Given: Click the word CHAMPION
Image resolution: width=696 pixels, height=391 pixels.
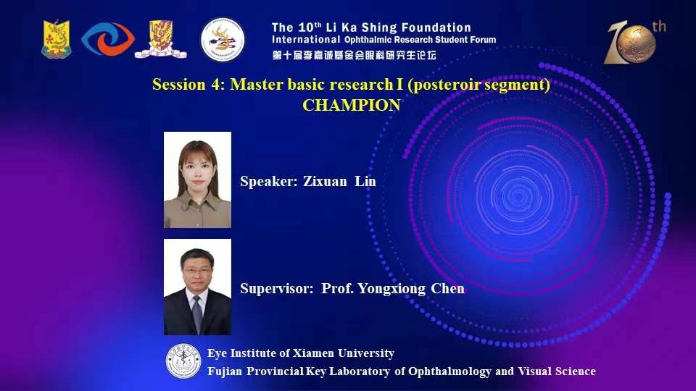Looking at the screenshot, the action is coord(352,106).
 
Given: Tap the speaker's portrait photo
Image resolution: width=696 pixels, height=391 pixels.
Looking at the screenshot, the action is coord(197,180).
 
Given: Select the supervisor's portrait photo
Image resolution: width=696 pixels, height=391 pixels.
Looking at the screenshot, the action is coord(197,287).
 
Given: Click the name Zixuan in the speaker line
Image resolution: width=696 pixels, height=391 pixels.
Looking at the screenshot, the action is coord(325,181).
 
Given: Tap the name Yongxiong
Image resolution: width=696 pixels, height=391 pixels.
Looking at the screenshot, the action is coord(391,289).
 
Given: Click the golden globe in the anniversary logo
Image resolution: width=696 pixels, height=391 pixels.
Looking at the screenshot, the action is coord(637,44).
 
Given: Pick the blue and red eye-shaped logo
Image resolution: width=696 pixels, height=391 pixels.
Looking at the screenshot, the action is coord(108,39).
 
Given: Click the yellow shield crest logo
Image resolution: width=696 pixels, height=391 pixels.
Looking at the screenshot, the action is coord(57,39).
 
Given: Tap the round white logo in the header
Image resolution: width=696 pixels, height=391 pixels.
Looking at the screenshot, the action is coord(223,39).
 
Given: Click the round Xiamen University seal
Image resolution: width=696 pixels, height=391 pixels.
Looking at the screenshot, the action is coord(183,361).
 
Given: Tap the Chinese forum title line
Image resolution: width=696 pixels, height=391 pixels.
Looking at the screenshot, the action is coord(355,56).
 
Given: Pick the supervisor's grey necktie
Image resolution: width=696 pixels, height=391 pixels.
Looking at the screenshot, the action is coord(197,314).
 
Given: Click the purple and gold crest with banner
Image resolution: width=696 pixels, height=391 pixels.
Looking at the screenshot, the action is coord(161,39).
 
